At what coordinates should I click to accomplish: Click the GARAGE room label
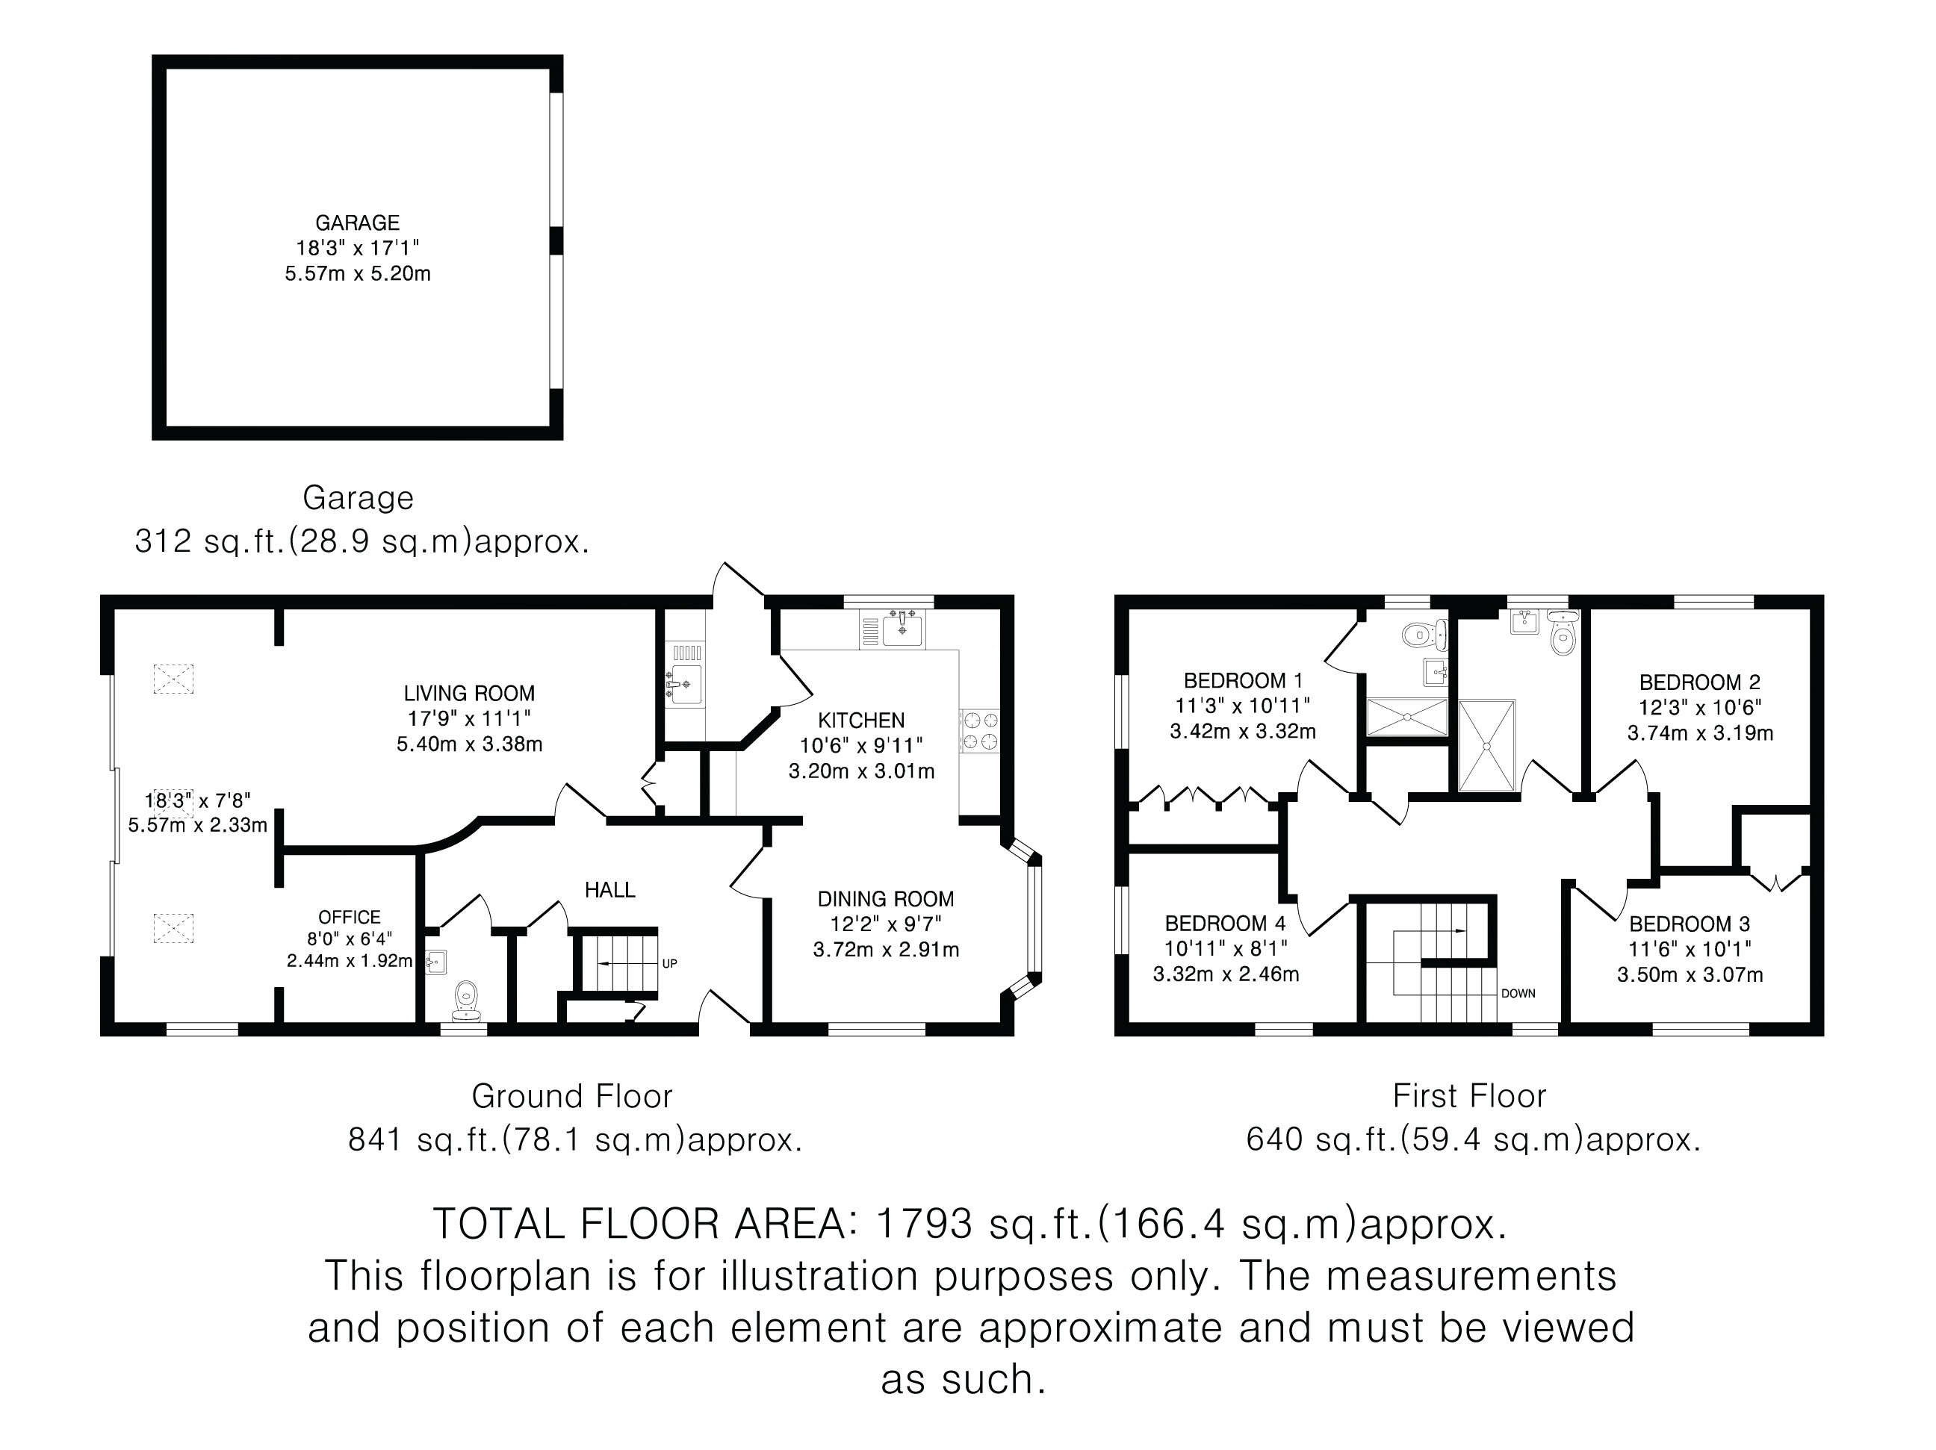click(x=357, y=223)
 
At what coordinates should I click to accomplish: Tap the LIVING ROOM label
click(x=469, y=694)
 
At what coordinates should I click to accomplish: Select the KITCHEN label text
click(x=861, y=721)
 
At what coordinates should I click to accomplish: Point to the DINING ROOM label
click(x=886, y=899)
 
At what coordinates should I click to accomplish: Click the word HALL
click(x=610, y=890)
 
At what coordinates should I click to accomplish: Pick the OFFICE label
click(x=350, y=917)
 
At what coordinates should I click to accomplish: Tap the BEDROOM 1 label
click(x=1243, y=681)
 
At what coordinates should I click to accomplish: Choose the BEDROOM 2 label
click(x=1700, y=682)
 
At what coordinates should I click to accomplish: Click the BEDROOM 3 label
click(x=1690, y=924)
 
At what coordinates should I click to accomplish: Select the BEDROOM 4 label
click(x=1226, y=923)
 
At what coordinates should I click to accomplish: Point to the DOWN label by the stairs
click(x=1518, y=994)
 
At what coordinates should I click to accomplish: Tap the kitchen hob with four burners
click(x=980, y=731)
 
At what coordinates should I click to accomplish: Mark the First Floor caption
click(x=1469, y=1095)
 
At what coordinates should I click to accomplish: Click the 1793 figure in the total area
click(x=924, y=1223)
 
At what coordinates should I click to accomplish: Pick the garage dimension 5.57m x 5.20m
click(x=357, y=274)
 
